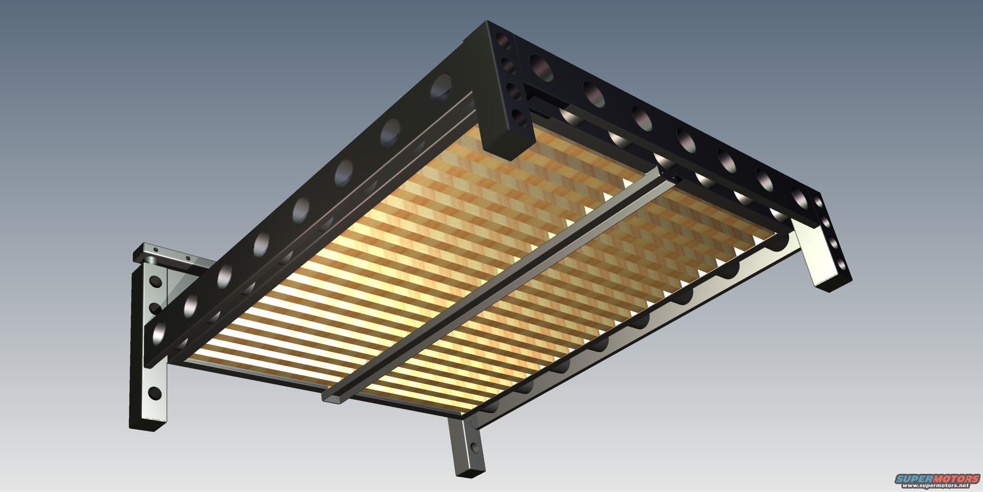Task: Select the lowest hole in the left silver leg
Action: (154, 393)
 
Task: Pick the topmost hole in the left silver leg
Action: (155, 282)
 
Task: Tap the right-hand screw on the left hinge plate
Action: (187, 257)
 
